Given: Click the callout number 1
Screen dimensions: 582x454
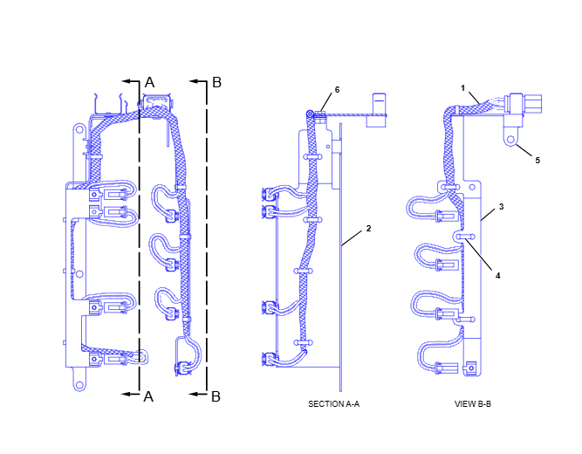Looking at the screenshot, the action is tap(462, 88).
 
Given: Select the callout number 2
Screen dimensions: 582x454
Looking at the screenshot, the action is tap(368, 229).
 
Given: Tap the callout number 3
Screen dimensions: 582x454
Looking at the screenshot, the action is tap(501, 207).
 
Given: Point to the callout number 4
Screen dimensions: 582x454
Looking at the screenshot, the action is tap(497, 276).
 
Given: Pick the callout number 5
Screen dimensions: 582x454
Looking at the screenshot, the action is tap(537, 161).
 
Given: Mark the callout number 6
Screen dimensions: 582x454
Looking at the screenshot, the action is tap(337, 90).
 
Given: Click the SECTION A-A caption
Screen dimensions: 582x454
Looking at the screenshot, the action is tap(333, 404).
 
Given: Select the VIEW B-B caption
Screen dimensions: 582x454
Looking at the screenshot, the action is tap(473, 404).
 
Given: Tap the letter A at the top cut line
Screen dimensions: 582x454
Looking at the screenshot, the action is tap(149, 82).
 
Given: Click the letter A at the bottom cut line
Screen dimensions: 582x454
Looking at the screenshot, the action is tap(148, 396).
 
